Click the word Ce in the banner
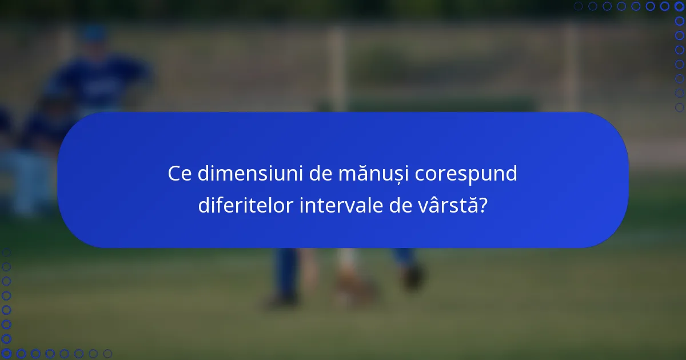pyautogui.click(x=180, y=174)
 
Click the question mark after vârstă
pyautogui.click(x=484, y=206)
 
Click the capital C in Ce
pyautogui.click(x=174, y=174)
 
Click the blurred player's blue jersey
pyautogui.click(x=97, y=86)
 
